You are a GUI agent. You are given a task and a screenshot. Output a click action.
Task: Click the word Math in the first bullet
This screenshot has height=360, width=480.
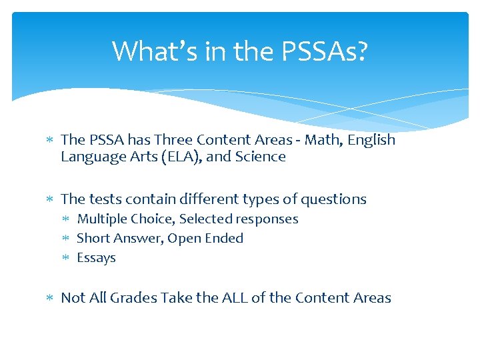click(x=322, y=140)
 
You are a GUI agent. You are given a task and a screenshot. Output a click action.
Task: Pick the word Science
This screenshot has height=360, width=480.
click(x=260, y=157)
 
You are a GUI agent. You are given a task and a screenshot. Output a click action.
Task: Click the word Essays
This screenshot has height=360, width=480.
click(x=97, y=257)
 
